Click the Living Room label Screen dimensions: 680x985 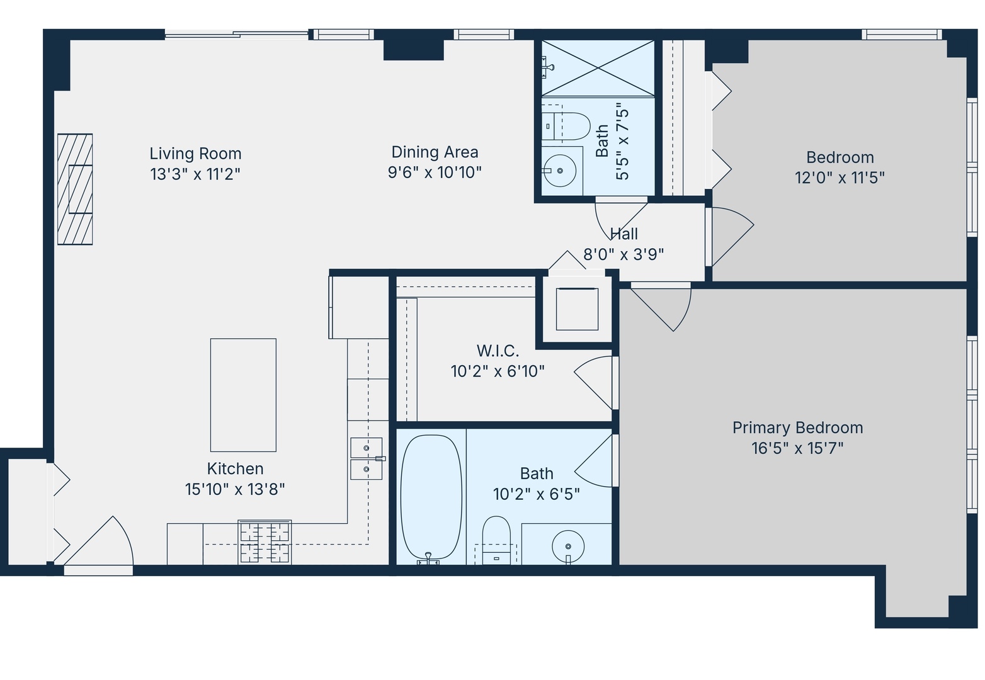(195, 154)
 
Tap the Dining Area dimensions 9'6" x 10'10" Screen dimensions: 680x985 (435, 173)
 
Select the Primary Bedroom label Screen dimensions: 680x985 (797, 428)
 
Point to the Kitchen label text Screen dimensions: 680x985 (235, 468)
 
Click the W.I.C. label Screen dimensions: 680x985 (498, 351)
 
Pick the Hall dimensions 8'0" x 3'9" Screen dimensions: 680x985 (623, 254)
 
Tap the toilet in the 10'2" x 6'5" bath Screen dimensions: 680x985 (496, 540)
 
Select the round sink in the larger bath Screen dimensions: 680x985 (567, 545)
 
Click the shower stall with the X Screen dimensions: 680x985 (598, 68)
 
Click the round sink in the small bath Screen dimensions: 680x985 (560, 171)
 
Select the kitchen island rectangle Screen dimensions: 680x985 (243, 395)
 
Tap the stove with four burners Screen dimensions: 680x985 (265, 542)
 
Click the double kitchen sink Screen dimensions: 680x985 (367, 458)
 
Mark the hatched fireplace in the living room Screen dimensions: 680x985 (75, 189)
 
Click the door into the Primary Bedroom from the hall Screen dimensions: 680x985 (661, 305)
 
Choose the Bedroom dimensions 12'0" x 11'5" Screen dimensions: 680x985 (840, 178)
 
